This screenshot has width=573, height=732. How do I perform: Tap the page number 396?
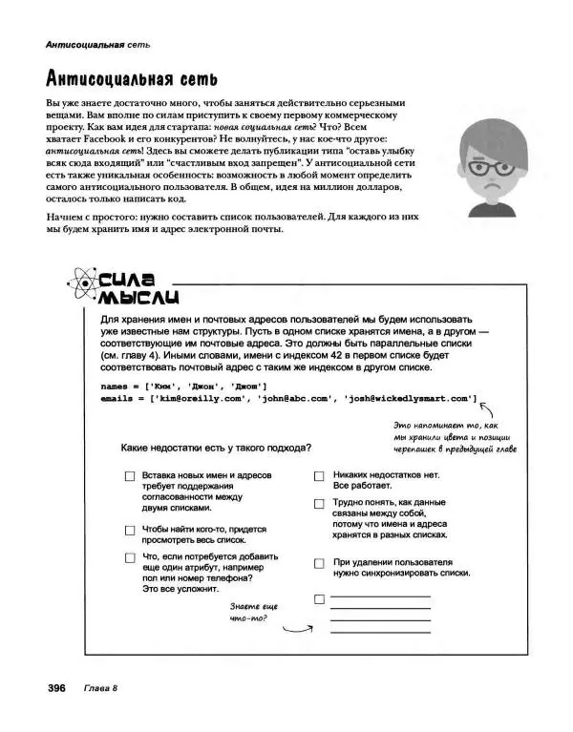(x=51, y=689)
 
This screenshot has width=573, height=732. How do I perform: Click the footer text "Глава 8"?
(x=100, y=689)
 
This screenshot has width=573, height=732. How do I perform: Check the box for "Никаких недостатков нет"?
(x=319, y=474)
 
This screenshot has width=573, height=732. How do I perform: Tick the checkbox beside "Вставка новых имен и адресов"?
(x=129, y=475)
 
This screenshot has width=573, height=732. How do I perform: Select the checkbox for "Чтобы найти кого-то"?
(x=129, y=530)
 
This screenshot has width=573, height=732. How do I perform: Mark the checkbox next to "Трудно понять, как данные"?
(x=319, y=503)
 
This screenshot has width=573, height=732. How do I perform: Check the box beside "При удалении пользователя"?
(x=319, y=563)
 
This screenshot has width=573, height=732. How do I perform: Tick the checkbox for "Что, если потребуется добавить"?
(x=129, y=558)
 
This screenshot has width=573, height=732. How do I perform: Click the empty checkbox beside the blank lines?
(x=319, y=599)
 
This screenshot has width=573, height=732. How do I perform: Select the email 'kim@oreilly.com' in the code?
(x=192, y=398)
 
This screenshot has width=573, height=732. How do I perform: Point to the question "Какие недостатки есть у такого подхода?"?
(x=216, y=447)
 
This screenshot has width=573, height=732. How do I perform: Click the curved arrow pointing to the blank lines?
(x=298, y=625)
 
